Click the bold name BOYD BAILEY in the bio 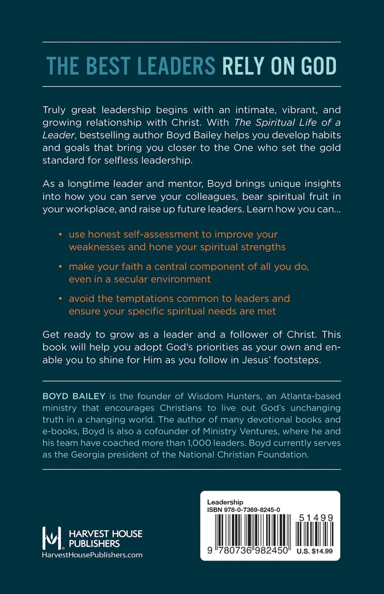[74, 396]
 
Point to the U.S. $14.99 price [315, 551]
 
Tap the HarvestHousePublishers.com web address [92, 555]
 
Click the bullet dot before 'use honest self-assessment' [61, 235]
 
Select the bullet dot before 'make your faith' [61, 267]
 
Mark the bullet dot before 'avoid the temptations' [61, 299]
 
